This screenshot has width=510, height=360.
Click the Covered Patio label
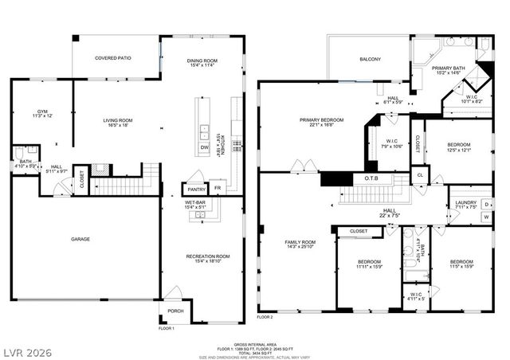point(113,58)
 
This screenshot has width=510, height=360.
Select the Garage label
point(80,239)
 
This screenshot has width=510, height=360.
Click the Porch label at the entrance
point(175,311)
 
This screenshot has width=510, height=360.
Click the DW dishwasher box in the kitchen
point(204,147)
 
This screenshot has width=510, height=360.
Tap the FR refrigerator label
point(218,190)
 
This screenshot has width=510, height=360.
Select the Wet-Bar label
point(195,203)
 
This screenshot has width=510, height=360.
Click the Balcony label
point(370,59)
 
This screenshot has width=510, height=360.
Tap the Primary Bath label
point(448,68)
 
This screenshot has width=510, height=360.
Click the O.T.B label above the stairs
point(371,178)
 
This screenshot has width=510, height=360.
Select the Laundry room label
point(466,203)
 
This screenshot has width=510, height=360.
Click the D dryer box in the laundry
point(486,204)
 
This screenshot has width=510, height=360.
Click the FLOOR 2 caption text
point(265,317)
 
